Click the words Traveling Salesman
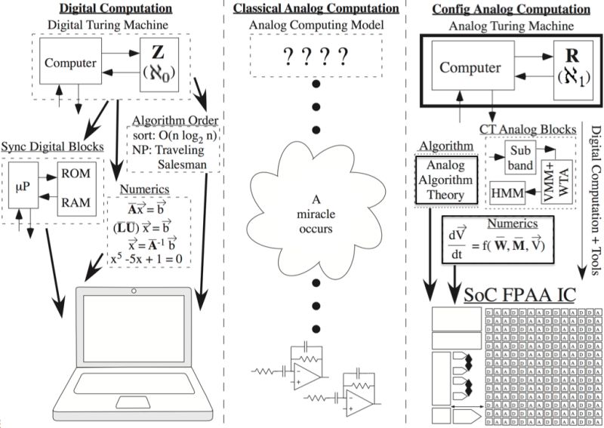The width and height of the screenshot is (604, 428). pos(168,161)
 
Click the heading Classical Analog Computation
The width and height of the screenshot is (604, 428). pos(315,9)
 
